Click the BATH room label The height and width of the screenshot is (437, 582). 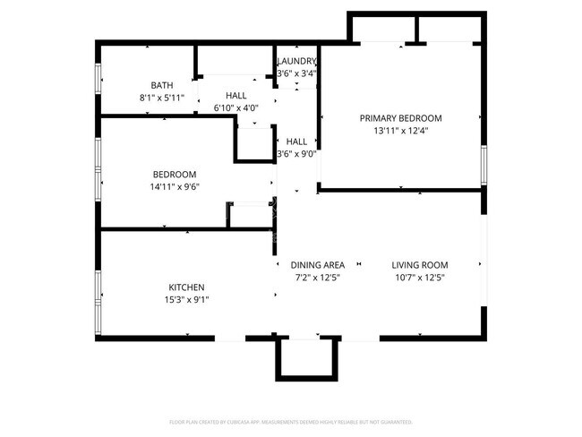162,85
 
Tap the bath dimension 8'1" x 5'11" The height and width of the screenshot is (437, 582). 162,98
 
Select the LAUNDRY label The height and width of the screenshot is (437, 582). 297,61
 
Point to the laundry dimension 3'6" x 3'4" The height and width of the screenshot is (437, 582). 297,73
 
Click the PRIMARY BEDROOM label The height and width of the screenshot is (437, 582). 400,118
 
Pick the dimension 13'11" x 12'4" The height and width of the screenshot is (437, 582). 400,131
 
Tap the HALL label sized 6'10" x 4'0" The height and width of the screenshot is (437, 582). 236,96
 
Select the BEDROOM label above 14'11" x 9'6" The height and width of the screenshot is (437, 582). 175,175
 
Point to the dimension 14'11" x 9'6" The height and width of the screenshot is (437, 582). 175,187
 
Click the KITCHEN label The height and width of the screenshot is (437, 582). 186,287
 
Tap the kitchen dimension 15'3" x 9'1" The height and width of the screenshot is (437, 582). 186,300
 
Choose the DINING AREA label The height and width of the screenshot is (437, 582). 318,265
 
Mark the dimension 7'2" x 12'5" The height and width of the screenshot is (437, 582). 318,278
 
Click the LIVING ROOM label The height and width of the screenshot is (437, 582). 420,265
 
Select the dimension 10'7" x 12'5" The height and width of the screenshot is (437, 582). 420,278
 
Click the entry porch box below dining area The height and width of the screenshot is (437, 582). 306,358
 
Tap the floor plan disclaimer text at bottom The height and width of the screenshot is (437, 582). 291,422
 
